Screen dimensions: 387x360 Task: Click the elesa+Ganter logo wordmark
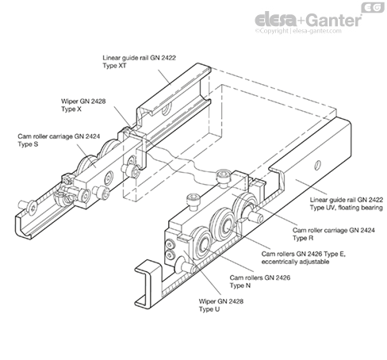(x=308, y=20)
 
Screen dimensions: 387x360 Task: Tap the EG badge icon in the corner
(x=373, y=7)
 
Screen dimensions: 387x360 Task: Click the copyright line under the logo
(x=298, y=31)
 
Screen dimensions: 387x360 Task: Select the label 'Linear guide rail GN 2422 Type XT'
(x=139, y=62)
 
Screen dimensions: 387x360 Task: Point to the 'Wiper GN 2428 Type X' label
(x=83, y=105)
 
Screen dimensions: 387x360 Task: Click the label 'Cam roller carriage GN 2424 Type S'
(x=59, y=140)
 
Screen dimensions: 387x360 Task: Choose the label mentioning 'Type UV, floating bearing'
(x=347, y=204)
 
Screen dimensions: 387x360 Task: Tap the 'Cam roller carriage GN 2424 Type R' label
(x=334, y=234)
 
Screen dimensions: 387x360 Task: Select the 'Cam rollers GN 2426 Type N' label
(x=260, y=281)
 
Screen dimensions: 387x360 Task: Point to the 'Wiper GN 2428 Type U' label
(x=221, y=305)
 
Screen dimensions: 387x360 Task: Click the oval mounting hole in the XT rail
(x=167, y=109)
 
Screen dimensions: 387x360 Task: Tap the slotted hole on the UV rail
(x=317, y=165)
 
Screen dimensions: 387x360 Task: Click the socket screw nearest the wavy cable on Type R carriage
(x=223, y=178)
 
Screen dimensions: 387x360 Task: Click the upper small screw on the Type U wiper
(x=170, y=244)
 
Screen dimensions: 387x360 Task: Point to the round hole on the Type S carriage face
(x=108, y=178)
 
